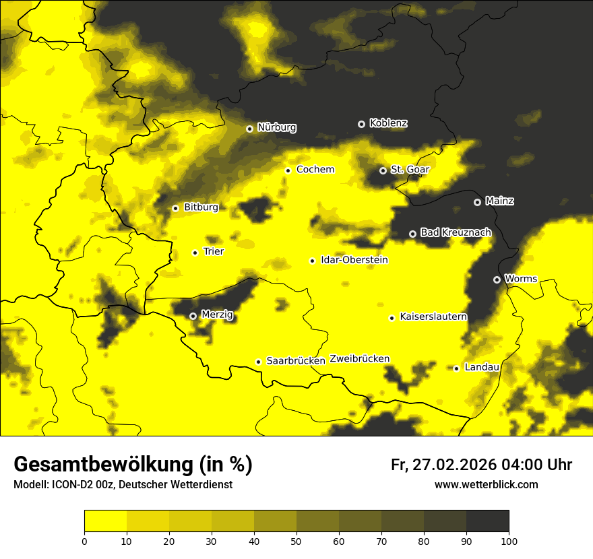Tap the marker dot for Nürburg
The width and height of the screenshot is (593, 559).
(x=249, y=128)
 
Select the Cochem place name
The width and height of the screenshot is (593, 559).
(x=315, y=169)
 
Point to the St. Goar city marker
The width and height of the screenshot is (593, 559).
(x=383, y=170)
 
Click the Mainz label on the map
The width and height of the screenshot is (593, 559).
(x=499, y=201)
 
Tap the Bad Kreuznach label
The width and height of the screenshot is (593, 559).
(x=456, y=232)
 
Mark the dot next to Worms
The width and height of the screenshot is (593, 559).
(x=497, y=279)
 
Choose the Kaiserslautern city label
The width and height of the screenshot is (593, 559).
(x=433, y=317)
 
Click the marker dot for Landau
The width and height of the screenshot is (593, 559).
(x=456, y=368)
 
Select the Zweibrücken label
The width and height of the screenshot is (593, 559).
(x=359, y=358)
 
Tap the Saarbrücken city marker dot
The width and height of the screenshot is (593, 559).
(x=258, y=362)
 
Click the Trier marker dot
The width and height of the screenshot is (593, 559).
(x=195, y=253)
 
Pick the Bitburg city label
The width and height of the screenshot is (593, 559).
(x=201, y=207)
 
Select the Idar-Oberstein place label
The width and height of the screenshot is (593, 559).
(x=354, y=260)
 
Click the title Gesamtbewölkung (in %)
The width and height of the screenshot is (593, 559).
(x=133, y=465)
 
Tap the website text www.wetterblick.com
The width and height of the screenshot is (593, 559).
(x=486, y=484)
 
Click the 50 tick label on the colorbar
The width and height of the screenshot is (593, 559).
(x=296, y=540)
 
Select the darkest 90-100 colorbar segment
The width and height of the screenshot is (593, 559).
(x=487, y=521)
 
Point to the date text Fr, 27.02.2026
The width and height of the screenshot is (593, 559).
(x=443, y=465)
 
